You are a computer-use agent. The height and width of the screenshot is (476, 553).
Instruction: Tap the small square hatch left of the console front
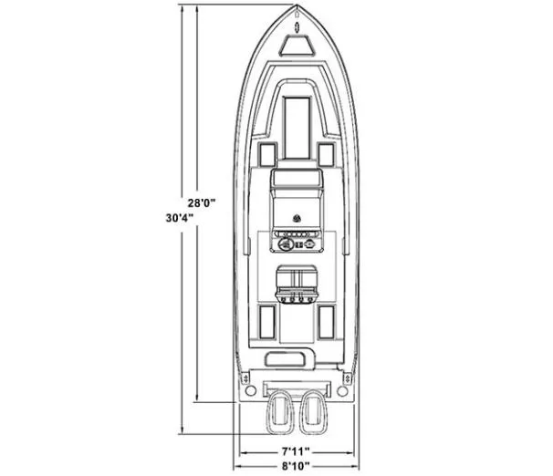point(266,154)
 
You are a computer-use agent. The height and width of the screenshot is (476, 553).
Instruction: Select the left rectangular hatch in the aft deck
point(266,320)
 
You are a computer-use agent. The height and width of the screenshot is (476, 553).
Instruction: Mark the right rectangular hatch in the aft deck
point(326,320)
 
